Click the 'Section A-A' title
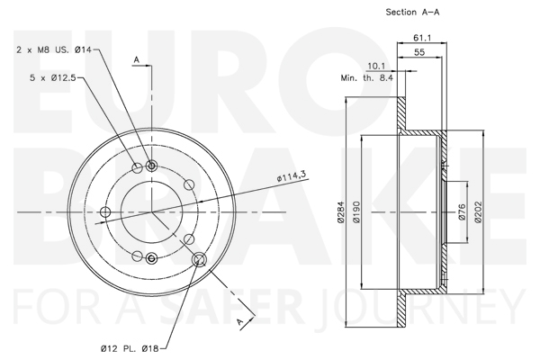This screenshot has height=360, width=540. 412,12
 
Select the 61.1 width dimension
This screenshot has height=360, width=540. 422,38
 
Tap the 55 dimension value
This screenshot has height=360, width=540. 419,52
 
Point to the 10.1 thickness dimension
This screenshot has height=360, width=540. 376,66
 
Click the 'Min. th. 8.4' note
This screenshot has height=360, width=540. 367,78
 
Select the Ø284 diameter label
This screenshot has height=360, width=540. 340,211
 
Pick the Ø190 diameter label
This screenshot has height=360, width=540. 356,211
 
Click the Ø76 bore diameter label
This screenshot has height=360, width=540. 462,211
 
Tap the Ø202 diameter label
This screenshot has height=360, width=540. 478,211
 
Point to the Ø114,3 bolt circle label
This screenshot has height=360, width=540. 292,176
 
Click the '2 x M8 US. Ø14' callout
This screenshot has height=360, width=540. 54,49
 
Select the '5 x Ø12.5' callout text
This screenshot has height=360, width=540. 53,78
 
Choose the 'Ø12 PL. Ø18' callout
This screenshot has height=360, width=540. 130,349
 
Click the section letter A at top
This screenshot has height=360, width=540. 137,59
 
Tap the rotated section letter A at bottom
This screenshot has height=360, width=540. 240,322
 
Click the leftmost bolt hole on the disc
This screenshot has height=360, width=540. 105,211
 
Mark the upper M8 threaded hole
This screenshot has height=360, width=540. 151,166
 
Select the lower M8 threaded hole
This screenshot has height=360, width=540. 151,257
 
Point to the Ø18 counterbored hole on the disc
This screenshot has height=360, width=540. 199,259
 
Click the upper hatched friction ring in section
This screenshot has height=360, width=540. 401,113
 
